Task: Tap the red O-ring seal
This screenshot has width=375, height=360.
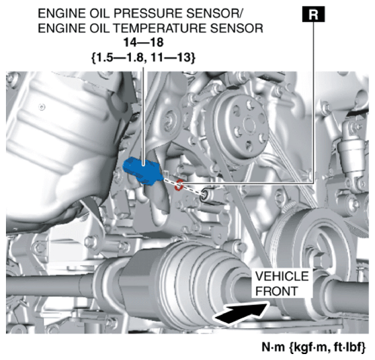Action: pyautogui.click(x=178, y=185)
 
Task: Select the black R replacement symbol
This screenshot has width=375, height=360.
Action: pyautogui.click(x=313, y=14)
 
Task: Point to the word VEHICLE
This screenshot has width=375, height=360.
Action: pyautogui.click(x=282, y=277)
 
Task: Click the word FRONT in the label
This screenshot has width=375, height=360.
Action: pyautogui.click(x=276, y=291)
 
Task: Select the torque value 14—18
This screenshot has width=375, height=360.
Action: pyautogui.click(x=144, y=42)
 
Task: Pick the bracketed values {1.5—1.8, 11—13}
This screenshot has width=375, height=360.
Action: pyautogui.click(x=144, y=58)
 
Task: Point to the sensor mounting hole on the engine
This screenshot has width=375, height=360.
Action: pyautogui.click(x=206, y=194)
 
